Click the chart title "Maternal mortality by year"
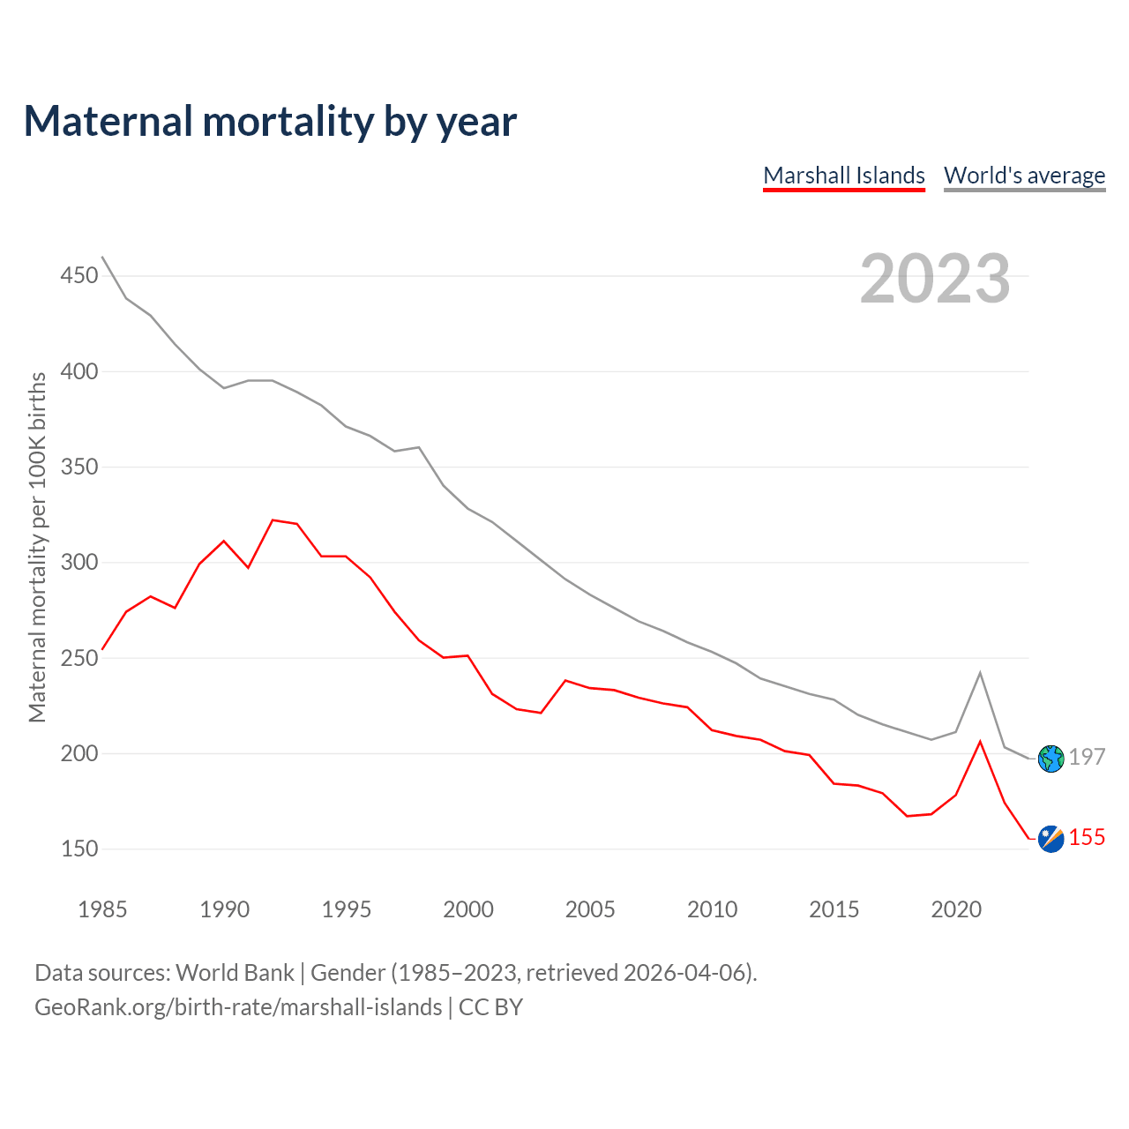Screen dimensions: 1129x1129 click(x=270, y=122)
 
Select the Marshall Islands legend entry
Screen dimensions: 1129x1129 click(x=844, y=176)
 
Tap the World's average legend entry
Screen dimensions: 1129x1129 click(x=1024, y=176)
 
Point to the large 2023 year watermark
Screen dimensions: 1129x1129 click(x=935, y=279)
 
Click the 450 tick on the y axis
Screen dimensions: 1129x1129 click(x=79, y=276)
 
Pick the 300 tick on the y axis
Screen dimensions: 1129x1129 click(x=79, y=563)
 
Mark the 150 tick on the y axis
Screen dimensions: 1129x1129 click(x=79, y=849)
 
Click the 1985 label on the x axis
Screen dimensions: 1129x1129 click(x=102, y=909)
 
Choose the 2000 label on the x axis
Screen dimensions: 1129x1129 click(x=468, y=909)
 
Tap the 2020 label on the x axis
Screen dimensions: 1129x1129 click(x=956, y=909)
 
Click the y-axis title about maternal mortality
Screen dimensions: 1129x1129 click(x=37, y=547)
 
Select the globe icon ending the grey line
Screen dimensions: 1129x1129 click(x=1051, y=759)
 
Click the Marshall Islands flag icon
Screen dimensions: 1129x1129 click(x=1051, y=839)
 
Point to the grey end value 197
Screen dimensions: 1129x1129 click(x=1087, y=757)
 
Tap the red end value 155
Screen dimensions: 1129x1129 click(x=1087, y=837)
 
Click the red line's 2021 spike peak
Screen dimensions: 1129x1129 click(x=980, y=741)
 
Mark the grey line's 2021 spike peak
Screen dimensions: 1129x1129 click(x=980, y=673)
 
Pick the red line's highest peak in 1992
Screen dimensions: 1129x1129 click(x=273, y=520)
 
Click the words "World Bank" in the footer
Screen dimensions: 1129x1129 click(x=235, y=973)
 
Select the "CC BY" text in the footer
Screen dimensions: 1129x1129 click(x=490, y=1007)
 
